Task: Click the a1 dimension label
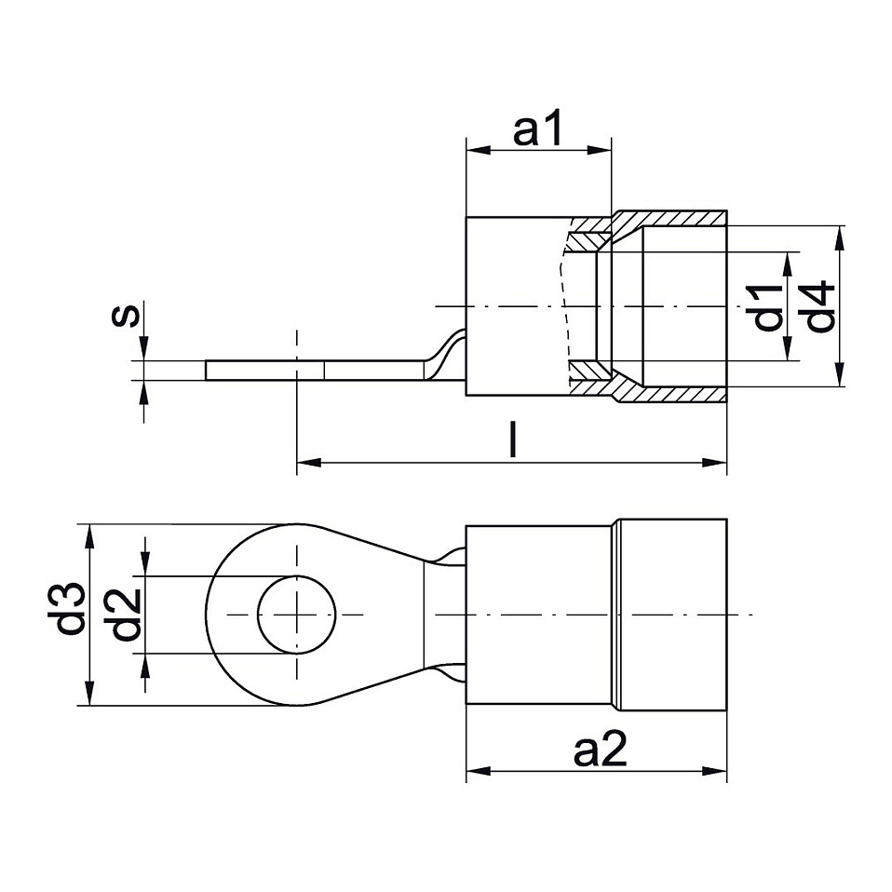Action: pyautogui.click(x=537, y=128)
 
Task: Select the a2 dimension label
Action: pyautogui.click(x=601, y=750)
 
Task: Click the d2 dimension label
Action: pyautogui.click(x=127, y=615)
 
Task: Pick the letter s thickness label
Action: pyautogui.click(x=126, y=316)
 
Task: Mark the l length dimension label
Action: pyautogui.click(x=513, y=439)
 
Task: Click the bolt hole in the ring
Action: pyautogui.click(x=297, y=615)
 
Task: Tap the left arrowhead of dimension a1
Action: pyautogui.click(x=478, y=151)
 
